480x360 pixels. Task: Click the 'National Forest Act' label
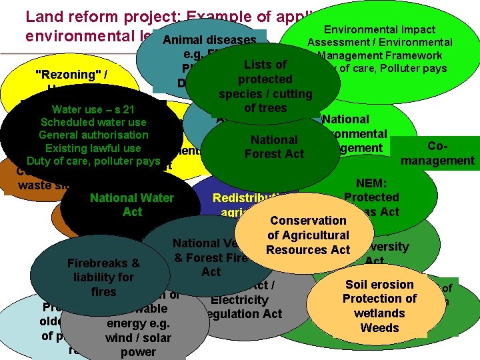pyautogui.click(x=274, y=147)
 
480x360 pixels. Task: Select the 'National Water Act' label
pyautogui.click(x=132, y=205)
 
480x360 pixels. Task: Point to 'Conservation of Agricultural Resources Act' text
pyautogui.click(x=308, y=235)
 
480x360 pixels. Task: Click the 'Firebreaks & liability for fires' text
pyautogui.click(x=103, y=277)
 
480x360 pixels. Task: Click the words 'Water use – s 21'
pyautogui.click(x=93, y=109)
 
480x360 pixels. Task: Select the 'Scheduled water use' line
pyautogui.click(x=93, y=122)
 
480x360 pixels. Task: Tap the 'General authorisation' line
pyautogui.click(x=93, y=135)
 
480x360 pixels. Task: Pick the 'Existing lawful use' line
pyautogui.click(x=93, y=148)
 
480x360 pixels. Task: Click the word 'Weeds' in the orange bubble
pyautogui.click(x=379, y=327)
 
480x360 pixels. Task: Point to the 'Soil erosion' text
pyautogui.click(x=379, y=285)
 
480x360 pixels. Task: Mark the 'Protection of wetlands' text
pyautogui.click(x=379, y=305)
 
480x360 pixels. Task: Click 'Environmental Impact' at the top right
pyautogui.click(x=379, y=29)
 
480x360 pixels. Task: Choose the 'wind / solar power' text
pyautogui.click(x=138, y=345)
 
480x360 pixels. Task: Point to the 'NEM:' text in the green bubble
pyautogui.click(x=371, y=183)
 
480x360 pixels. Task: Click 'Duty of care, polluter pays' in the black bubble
pyautogui.click(x=93, y=161)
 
